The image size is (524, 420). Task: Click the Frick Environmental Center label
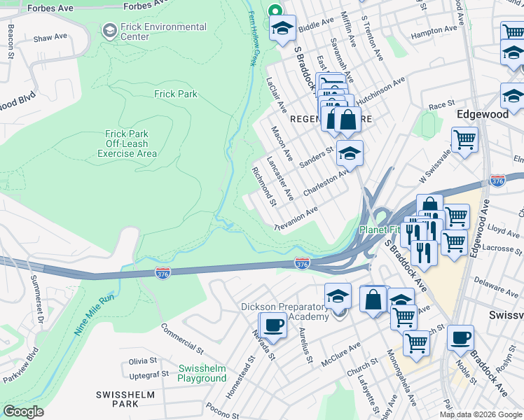[163, 32]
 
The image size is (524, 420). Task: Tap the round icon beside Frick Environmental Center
[109, 31]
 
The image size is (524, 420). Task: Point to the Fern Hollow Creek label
[251, 38]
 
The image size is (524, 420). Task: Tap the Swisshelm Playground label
[202, 374]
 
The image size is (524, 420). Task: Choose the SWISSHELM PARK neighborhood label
[126, 400]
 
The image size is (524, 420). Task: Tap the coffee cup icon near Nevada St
[273, 325]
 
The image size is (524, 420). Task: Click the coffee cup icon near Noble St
[460, 338]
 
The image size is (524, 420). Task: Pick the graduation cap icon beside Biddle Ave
[282, 29]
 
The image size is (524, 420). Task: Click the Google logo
[23, 412]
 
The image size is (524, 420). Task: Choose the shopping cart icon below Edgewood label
[464, 140]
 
